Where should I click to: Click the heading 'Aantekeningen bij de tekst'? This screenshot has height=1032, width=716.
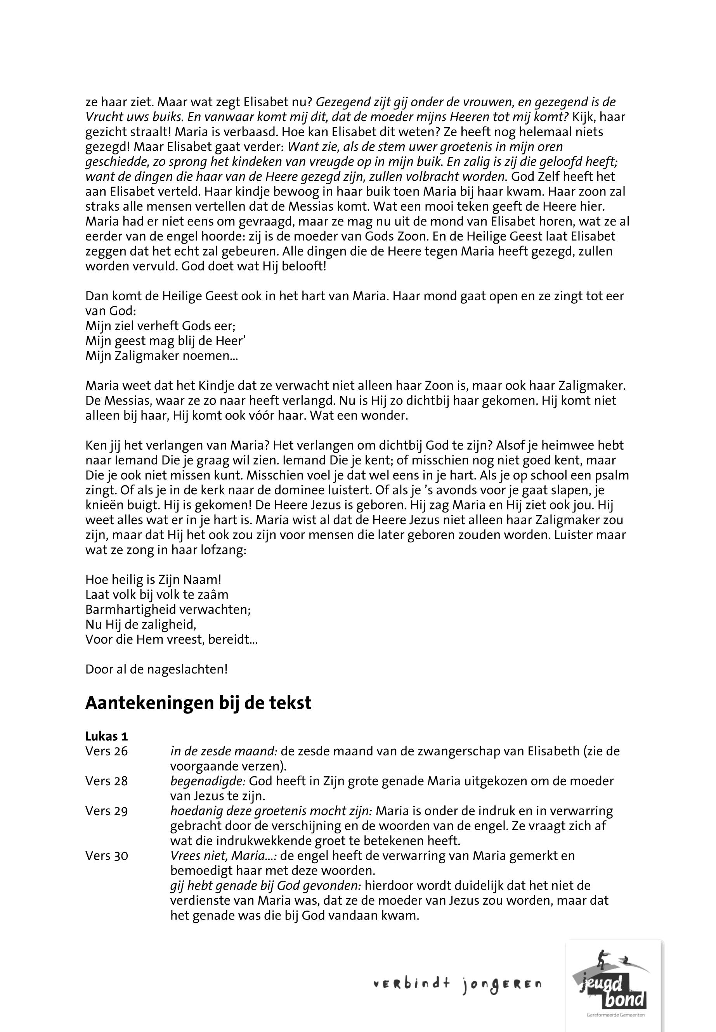coord(198,703)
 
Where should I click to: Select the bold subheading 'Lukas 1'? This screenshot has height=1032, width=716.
coord(106,736)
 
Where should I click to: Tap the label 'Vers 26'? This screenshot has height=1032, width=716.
coord(106,751)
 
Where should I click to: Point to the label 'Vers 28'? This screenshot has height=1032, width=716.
coord(106,781)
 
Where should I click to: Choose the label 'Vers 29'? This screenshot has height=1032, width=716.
coord(106,811)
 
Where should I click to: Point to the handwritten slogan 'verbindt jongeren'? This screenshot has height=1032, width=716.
coord(457,985)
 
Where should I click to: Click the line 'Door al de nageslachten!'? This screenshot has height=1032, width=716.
coord(156,670)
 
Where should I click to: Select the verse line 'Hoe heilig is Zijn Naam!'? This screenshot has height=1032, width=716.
coord(153,580)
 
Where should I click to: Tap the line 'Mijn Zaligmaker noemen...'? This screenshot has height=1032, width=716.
coord(161,356)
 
